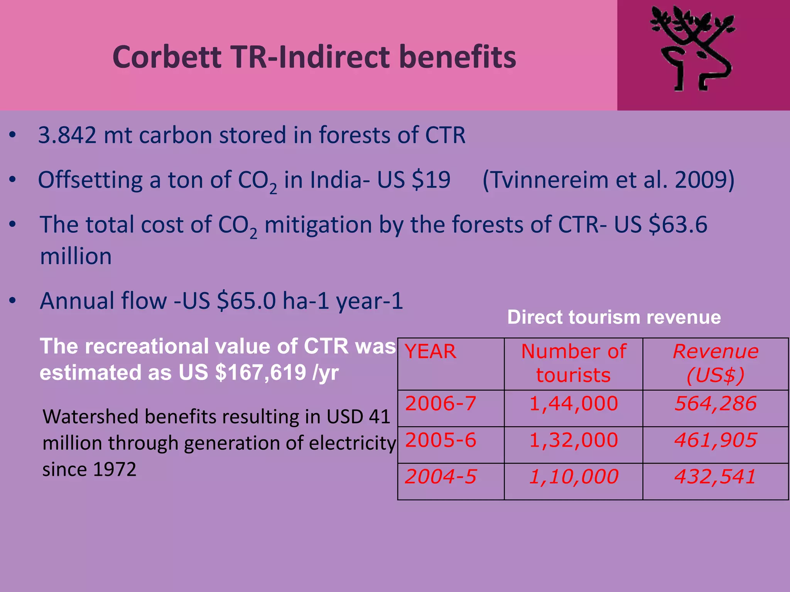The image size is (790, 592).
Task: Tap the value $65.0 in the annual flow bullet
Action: [x=246, y=301]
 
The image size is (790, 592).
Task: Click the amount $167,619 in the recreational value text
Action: [x=260, y=373]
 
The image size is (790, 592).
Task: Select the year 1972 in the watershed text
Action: [x=114, y=469]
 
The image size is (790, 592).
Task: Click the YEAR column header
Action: [x=430, y=352]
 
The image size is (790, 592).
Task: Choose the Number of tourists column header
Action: [x=573, y=363]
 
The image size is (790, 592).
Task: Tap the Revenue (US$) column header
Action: [x=716, y=363]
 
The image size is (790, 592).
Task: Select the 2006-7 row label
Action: [x=441, y=404]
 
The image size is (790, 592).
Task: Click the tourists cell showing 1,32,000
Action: [x=573, y=440]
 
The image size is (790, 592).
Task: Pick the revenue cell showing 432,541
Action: [x=715, y=477]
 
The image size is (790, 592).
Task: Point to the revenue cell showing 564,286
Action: [x=715, y=404]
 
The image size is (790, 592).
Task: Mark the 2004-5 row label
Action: [x=441, y=477]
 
